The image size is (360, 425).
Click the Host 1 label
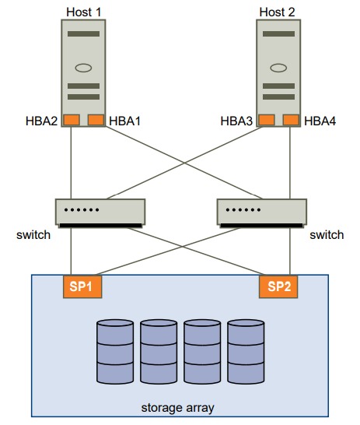pos(84,12)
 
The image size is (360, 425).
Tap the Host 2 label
pos(277,12)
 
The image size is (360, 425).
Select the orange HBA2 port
pos(72,120)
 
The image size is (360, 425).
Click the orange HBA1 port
pos(96,120)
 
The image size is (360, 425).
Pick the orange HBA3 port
pos(267,120)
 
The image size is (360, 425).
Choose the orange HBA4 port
pos(291,120)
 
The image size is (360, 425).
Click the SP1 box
pos(82,286)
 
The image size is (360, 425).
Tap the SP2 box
pos(278,286)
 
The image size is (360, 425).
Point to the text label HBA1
pos(124,121)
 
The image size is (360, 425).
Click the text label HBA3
pos(236,121)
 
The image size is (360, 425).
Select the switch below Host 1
pos(100,213)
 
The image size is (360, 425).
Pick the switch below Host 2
pos(262,213)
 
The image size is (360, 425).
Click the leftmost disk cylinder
pos(115,352)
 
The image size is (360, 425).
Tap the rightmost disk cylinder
pos(246,352)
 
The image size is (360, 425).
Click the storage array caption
pos(177,408)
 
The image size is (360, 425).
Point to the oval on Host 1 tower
pos(83,68)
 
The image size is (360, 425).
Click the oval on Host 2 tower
pos(278,68)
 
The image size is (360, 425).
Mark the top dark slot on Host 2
pos(279,34)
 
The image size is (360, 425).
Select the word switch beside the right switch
pos(327,235)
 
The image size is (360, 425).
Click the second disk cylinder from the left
pos(159,352)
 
